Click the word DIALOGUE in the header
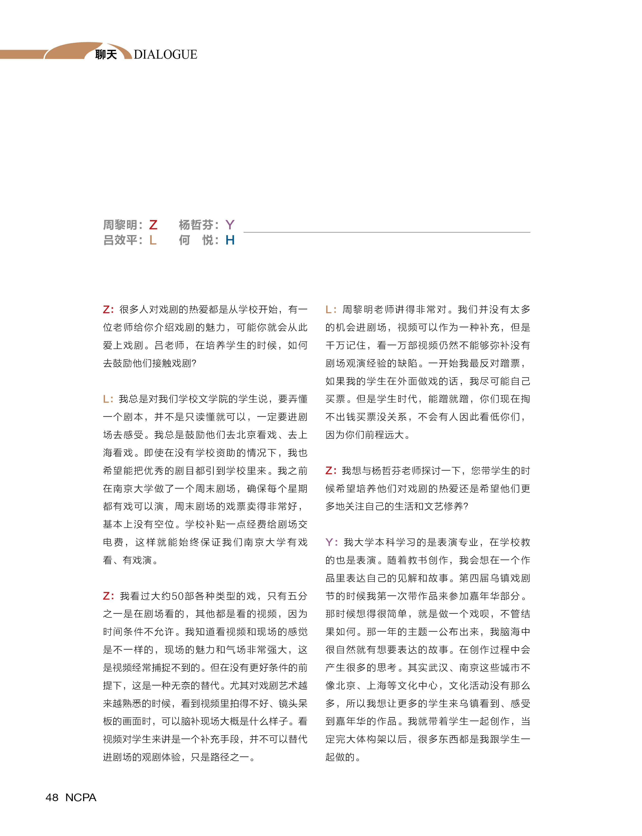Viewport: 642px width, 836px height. (165, 55)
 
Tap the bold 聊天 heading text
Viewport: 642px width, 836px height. (106, 55)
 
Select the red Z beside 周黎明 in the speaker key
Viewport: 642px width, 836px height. (153, 225)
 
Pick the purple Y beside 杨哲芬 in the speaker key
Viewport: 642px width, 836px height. (230, 225)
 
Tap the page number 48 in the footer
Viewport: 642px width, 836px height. (52, 797)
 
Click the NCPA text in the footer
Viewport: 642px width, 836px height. (81, 797)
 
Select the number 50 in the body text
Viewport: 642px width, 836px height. (177, 596)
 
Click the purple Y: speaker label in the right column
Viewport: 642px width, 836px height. (331, 542)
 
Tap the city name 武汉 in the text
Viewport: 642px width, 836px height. (438, 667)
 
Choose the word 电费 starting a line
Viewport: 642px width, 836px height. (113, 542)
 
